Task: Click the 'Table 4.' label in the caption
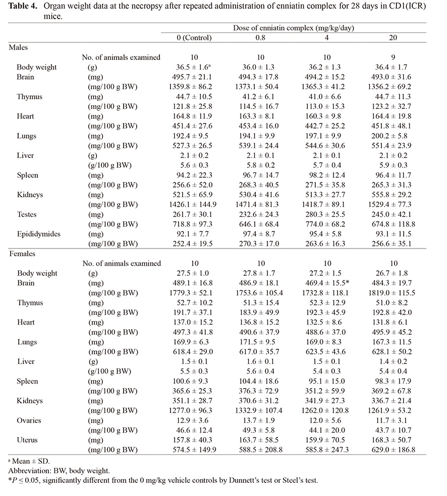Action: click(x=23, y=6)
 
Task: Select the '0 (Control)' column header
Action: click(x=194, y=38)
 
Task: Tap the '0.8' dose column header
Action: click(x=260, y=38)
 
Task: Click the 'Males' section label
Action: click(x=18, y=47)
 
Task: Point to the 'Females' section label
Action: click(x=22, y=254)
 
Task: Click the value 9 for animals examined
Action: click(x=393, y=57)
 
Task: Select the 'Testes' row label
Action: click(x=27, y=214)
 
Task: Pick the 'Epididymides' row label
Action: click(x=38, y=234)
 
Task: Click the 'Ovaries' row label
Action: click(x=29, y=420)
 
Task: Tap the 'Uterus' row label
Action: click(x=27, y=440)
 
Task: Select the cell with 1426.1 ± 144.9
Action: click(x=193, y=204)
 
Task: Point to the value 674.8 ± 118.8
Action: click(x=393, y=224)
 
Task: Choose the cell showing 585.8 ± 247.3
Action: click(x=325, y=450)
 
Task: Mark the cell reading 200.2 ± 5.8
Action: click(x=394, y=136)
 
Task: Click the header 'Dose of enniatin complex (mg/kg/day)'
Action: click(x=294, y=28)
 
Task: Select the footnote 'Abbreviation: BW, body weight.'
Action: click(x=59, y=471)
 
